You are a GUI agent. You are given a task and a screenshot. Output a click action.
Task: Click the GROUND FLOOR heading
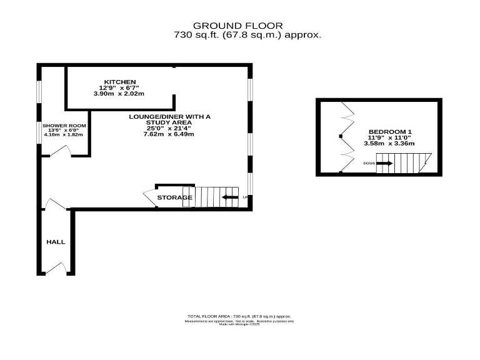[x=247, y=26]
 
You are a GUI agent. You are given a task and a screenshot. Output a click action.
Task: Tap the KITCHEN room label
[x=120, y=82]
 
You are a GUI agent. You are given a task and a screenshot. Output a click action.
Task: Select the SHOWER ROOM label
[x=62, y=126]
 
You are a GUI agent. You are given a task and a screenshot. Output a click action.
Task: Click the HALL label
[x=56, y=242]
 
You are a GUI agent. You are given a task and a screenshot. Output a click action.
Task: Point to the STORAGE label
[x=174, y=198]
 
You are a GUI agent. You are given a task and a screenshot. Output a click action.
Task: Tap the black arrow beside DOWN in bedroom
[x=384, y=164]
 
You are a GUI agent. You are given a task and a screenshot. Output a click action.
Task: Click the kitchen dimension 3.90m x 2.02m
[x=119, y=94]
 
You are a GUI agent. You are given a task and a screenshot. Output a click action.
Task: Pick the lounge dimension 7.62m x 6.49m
[x=169, y=134]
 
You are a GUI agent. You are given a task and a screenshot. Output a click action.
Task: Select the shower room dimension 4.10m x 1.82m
[x=62, y=134]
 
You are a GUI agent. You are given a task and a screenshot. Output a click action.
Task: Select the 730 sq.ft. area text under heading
[x=247, y=36]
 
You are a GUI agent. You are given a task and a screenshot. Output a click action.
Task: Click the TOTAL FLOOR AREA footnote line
[x=239, y=317]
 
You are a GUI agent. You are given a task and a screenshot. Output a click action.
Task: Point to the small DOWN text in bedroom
[x=369, y=164]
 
